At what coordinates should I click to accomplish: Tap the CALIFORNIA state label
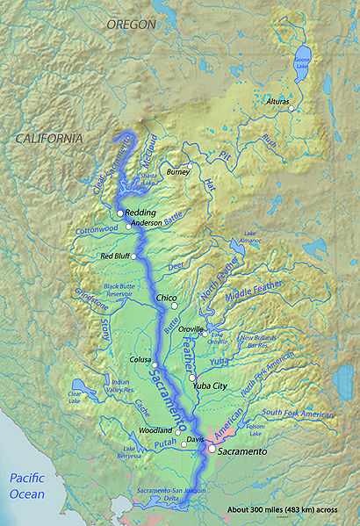tap(48, 139)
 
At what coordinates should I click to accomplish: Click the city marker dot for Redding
tap(120, 213)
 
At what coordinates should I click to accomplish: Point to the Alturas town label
tap(277, 102)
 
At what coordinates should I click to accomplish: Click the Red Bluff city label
tap(118, 256)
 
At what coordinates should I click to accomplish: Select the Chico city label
tap(166, 299)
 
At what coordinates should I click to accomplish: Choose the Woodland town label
tap(155, 431)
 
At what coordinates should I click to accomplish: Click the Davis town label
tap(195, 438)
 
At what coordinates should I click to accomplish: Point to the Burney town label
tap(177, 171)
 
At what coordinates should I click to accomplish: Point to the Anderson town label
tap(147, 224)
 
